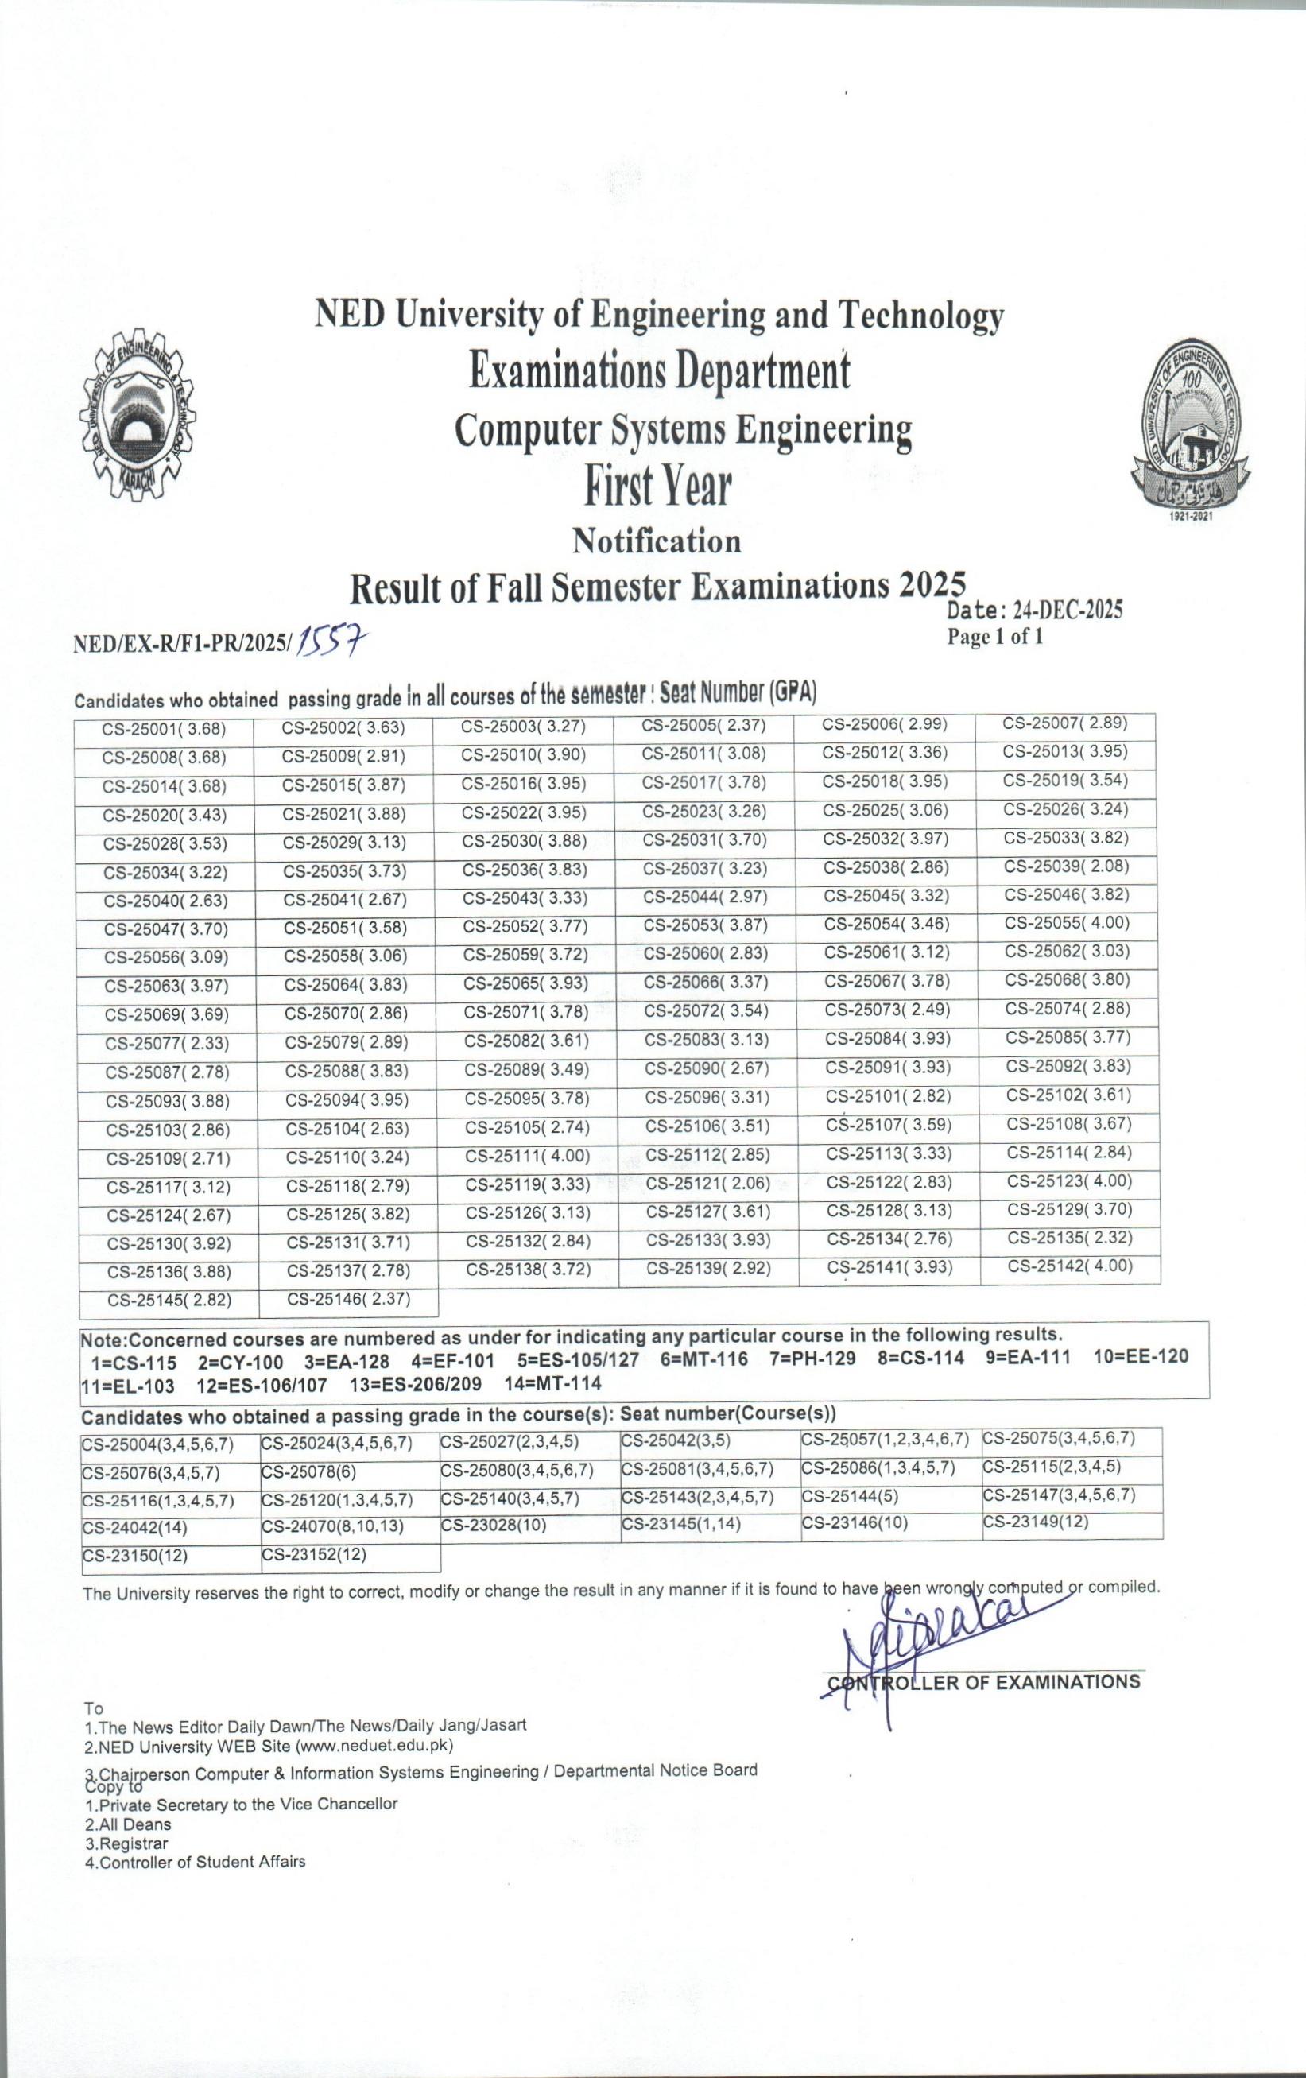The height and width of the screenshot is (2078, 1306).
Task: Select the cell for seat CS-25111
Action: (527, 1156)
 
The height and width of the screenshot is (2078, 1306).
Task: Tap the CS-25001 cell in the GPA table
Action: (164, 729)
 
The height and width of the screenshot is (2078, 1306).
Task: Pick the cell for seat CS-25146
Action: (348, 1299)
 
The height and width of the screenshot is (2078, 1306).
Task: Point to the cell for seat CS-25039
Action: (1067, 866)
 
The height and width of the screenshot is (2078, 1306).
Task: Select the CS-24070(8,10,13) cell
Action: (333, 1526)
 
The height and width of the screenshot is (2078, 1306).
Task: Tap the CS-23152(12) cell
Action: (314, 1555)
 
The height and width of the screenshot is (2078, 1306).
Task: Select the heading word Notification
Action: (657, 541)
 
